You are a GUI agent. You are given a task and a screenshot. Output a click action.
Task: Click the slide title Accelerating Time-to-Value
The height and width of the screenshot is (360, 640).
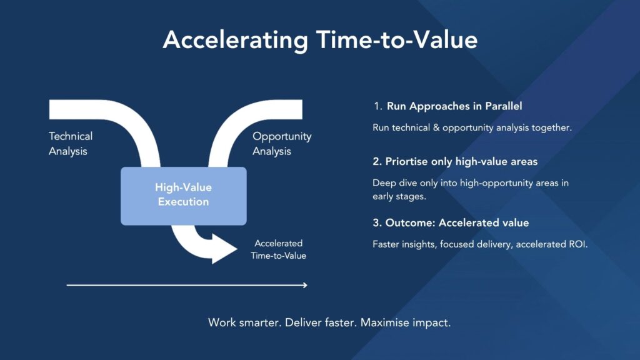coord(320,40)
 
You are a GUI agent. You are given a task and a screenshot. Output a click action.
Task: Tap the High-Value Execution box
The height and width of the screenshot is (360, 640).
coord(184,196)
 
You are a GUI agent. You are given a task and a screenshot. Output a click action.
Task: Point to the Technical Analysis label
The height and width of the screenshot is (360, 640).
coord(71,144)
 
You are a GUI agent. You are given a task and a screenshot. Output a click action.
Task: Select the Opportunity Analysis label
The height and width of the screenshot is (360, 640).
coord(282,144)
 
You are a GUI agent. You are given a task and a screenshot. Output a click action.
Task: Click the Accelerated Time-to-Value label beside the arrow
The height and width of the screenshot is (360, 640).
coord(278,249)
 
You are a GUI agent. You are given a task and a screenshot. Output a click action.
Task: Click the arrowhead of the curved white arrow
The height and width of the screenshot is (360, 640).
coord(224,249)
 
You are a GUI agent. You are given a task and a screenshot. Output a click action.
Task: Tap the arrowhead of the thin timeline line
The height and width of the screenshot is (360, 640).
coord(305,285)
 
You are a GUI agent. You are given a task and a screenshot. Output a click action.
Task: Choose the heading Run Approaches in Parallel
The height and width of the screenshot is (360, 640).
coord(454,106)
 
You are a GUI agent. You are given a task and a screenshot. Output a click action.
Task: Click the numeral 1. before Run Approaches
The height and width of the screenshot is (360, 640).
coord(377,106)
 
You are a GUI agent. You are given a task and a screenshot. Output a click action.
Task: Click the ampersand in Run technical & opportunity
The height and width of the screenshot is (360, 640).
coord(436,127)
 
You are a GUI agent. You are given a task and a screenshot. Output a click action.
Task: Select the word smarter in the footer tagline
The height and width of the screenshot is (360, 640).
coord(260,323)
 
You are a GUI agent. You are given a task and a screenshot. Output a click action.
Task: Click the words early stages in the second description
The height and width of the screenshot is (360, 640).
coord(399,196)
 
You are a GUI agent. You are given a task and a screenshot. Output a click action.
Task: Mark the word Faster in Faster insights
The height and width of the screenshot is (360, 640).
coord(386,244)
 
